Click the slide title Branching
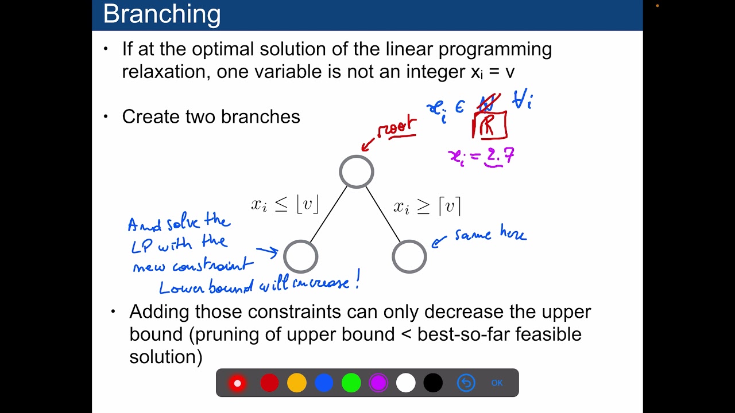click(161, 14)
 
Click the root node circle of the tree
click(357, 172)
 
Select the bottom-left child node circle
click(300, 256)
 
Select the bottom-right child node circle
click(409, 256)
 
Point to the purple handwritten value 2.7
click(500, 156)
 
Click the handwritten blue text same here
click(490, 235)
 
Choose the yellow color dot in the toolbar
click(297, 383)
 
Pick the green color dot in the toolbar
click(351, 383)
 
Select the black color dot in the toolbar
click(434, 383)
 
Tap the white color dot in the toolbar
click(405, 383)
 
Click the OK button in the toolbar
click(497, 383)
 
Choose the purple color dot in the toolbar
click(378, 383)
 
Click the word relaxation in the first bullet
click(167, 72)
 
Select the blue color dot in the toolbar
click(324, 383)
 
